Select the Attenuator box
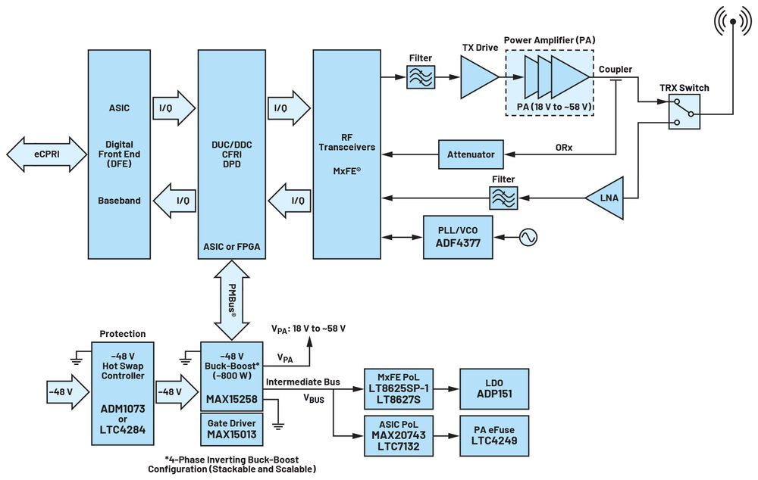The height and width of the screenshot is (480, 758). point(470,154)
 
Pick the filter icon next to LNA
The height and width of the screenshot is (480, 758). point(503,198)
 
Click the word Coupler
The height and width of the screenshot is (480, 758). point(615,70)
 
